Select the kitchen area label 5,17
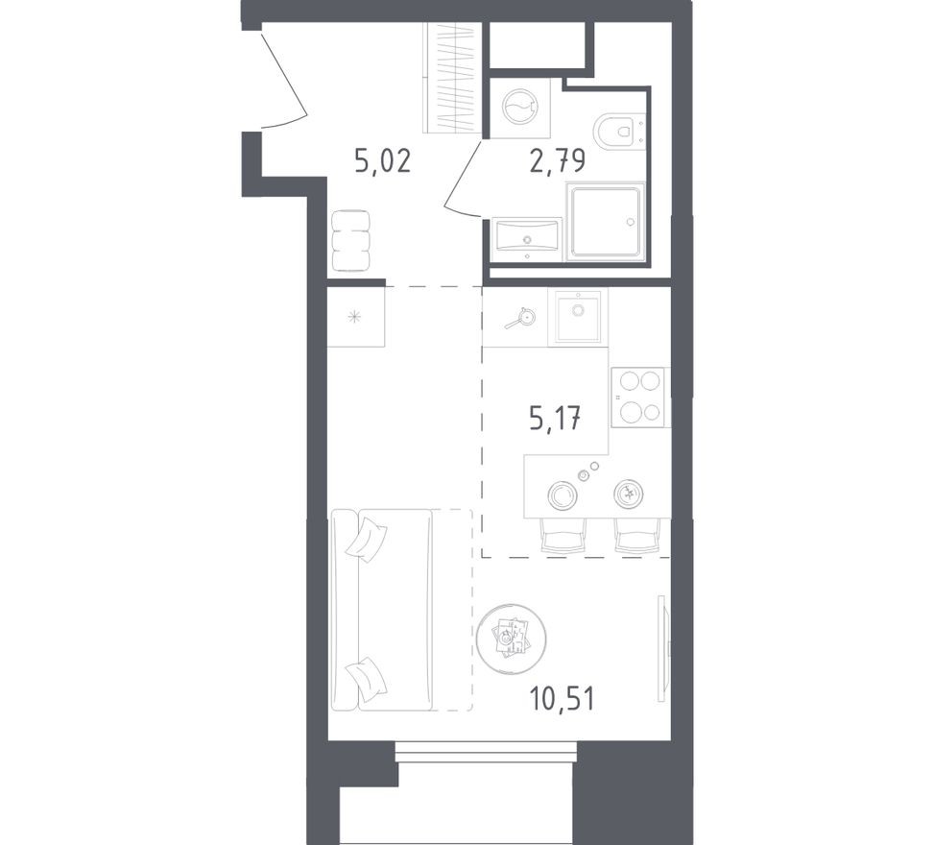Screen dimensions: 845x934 (x=556, y=418)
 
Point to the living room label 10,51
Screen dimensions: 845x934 (x=562, y=697)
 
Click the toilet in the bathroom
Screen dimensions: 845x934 (x=618, y=132)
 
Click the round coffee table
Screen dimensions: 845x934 (x=512, y=636)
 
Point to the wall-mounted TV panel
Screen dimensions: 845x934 (x=661, y=640)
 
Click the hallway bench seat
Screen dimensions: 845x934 (x=349, y=241)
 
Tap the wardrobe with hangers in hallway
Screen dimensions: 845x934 (x=451, y=77)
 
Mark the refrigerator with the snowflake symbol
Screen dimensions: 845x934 (x=355, y=317)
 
